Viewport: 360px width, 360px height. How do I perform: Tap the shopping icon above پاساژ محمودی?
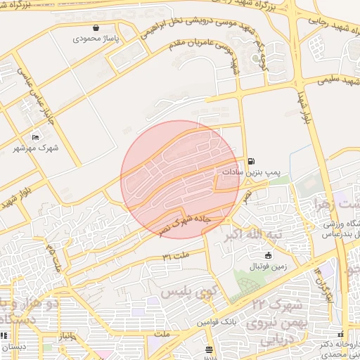pos(96,29)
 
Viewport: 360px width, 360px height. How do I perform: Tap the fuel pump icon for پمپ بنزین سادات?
pos(251,160)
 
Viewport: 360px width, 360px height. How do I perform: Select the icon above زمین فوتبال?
pos(268,255)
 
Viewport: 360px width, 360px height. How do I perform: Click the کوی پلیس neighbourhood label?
pos(186,290)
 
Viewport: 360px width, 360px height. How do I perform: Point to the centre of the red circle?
pos(180,180)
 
